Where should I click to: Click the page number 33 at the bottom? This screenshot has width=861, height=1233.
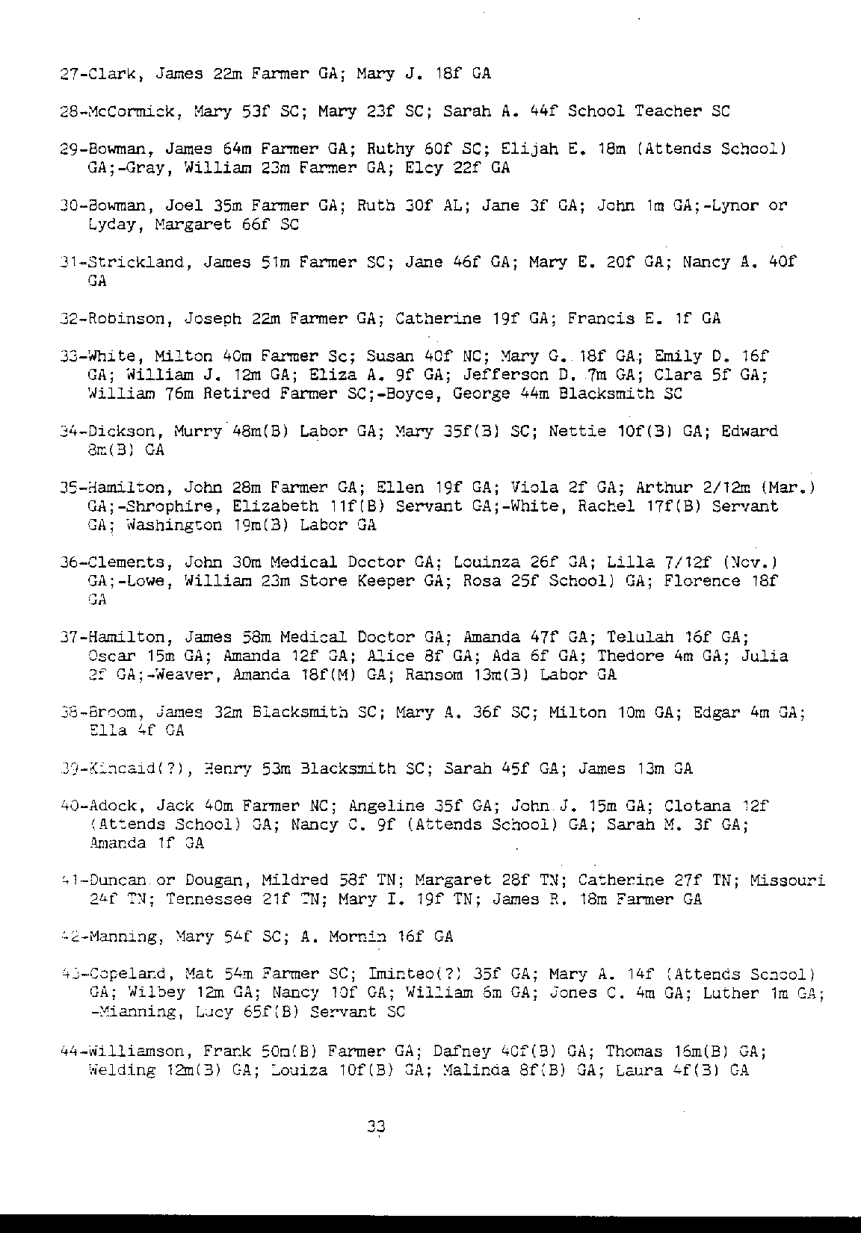click(375, 1128)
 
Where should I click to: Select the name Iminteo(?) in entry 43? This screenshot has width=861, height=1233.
click(410, 975)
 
